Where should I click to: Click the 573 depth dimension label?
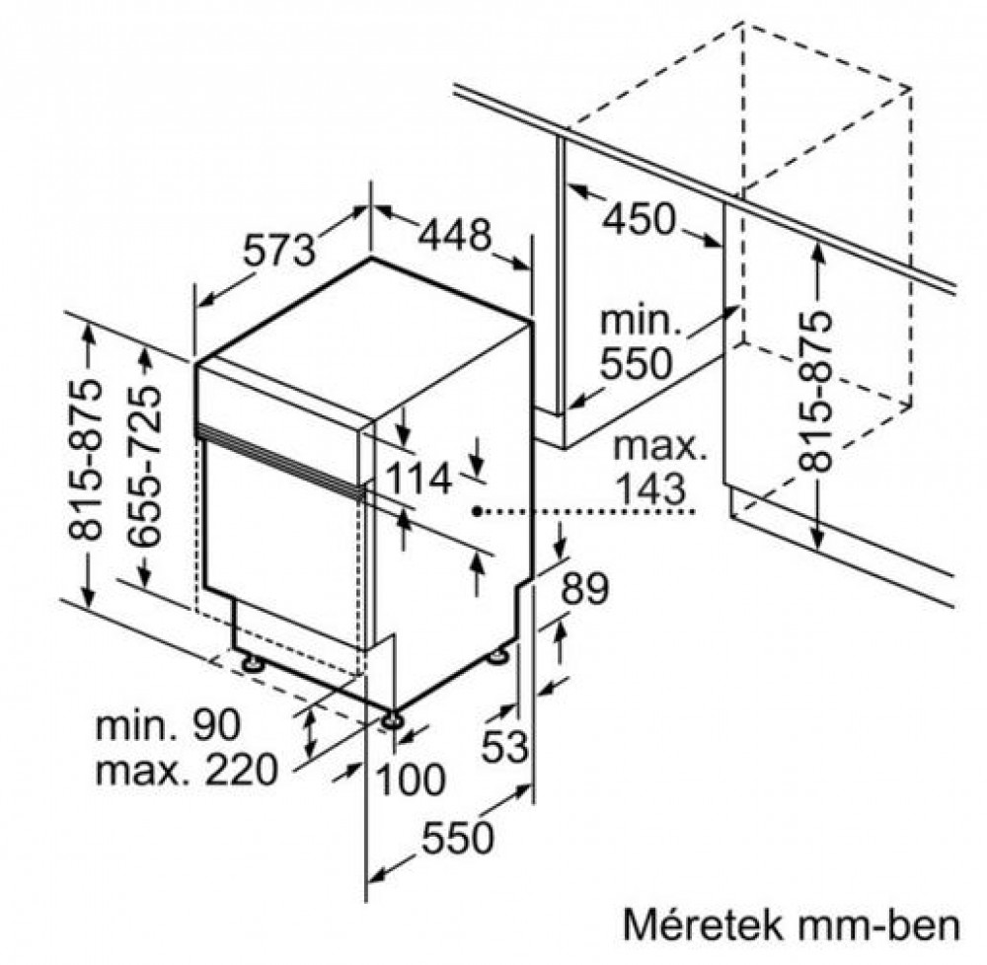279,250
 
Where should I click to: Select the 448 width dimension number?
454,235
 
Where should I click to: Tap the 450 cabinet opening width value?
639,220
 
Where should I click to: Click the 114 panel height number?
418,479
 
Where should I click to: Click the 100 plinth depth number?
410,780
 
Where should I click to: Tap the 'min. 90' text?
168,724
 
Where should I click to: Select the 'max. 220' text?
187,769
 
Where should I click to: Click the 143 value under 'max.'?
650,488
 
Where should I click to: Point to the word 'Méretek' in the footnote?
703,925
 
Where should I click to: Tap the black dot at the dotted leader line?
478,511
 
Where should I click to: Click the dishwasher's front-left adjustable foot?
253,663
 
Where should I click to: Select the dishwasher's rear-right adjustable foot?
497,655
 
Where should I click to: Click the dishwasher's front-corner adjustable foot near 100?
394,719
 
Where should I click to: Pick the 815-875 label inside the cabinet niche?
816,392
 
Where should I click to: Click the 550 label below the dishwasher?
458,838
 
